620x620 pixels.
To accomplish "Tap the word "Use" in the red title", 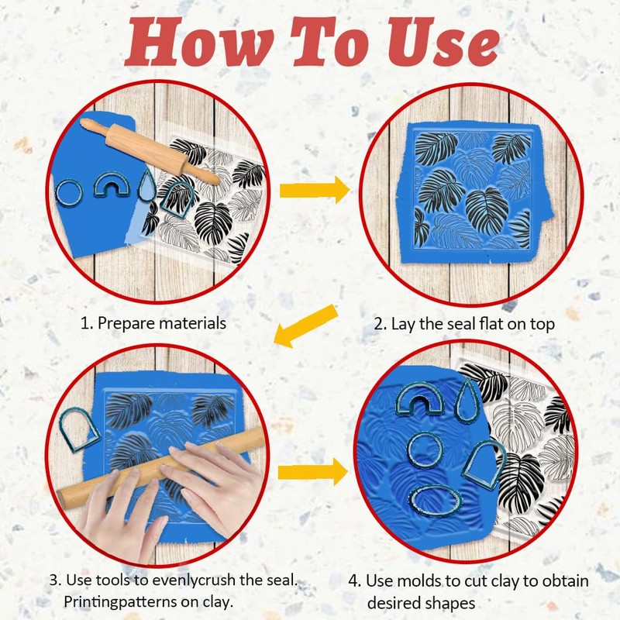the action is tap(443, 42).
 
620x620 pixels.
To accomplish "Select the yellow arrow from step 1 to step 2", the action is tap(315, 190).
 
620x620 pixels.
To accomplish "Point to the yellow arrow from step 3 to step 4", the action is tap(313, 472).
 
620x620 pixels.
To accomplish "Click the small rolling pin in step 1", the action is tap(150, 150).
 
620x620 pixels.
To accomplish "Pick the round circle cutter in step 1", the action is tap(69, 193).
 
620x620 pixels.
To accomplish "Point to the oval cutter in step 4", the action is tap(436, 501).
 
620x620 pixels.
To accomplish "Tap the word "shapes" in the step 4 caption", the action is tap(449, 604).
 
